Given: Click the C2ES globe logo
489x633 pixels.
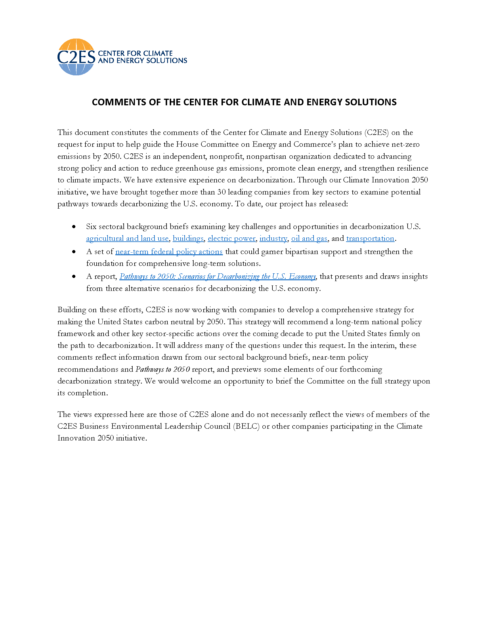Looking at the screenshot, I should point(76,57).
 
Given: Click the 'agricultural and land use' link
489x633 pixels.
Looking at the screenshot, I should point(127,238).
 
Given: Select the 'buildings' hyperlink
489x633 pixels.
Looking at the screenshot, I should point(188,238).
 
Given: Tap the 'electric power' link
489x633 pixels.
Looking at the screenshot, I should point(232,238).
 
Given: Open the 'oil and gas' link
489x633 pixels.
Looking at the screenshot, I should point(309,238).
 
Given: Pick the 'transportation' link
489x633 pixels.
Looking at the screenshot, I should point(370,238).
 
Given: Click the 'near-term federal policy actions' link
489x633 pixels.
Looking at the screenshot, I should point(169,251).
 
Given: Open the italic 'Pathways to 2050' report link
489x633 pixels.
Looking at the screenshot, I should point(217,277).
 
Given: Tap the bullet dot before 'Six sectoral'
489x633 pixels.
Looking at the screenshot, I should point(74,227).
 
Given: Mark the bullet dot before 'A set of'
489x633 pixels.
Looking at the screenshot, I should point(74,252).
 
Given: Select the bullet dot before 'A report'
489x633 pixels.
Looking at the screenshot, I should point(74,277).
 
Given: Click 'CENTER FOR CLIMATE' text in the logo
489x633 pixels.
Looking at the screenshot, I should point(135,53).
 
